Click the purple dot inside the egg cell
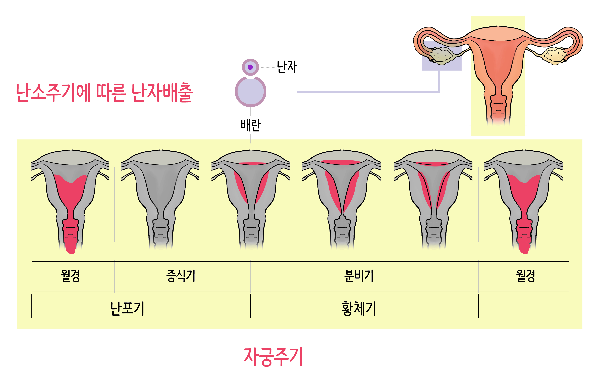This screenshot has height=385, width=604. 250,67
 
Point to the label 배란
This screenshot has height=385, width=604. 251,125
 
